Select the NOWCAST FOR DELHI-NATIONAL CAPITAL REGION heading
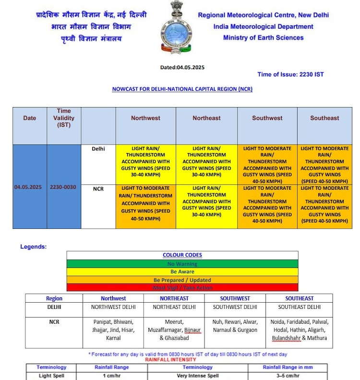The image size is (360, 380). [x=182, y=89]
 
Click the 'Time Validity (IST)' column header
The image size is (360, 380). [x=63, y=118]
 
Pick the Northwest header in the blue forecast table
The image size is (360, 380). [x=145, y=118]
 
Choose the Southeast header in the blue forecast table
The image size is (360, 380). [x=324, y=118]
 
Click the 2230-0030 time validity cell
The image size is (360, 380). [x=63, y=187]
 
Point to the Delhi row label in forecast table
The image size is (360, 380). [x=98, y=149]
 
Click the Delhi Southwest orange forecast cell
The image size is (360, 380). [x=267, y=165]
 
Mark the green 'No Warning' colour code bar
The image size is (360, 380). [x=182, y=264]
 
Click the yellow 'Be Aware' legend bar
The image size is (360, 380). [x=182, y=272]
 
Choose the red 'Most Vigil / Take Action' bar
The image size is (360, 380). [x=182, y=288]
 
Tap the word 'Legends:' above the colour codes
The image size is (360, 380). [x=34, y=247]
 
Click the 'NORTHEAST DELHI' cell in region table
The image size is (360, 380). [x=174, y=307]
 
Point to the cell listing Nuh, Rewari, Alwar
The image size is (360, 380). [x=235, y=326]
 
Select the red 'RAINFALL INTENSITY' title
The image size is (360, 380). [x=170, y=359]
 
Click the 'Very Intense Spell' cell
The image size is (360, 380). [x=198, y=375]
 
